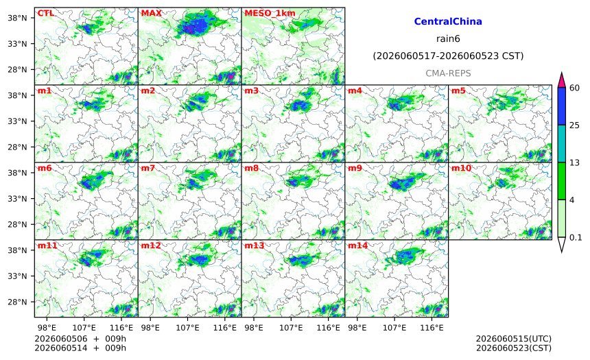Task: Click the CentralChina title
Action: point(448,21)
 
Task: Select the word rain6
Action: point(448,39)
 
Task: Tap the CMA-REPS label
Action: point(448,73)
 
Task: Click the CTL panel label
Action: point(45,13)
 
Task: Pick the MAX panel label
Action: point(151,13)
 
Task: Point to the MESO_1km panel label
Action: point(270,14)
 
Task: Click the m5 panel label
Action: point(458,91)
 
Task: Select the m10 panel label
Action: point(461,168)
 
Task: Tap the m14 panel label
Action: point(357,245)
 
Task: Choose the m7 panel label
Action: point(148,168)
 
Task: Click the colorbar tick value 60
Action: point(574,88)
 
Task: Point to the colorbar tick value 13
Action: point(574,163)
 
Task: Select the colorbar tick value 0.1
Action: point(576,237)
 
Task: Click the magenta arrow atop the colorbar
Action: point(562,80)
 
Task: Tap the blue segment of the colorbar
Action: point(562,106)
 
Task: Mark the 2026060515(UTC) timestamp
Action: point(514,339)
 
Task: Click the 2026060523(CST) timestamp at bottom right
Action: point(514,348)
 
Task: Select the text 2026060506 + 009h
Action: point(80,339)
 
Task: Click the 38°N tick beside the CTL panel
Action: point(17,18)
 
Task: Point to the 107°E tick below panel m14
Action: point(394,328)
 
